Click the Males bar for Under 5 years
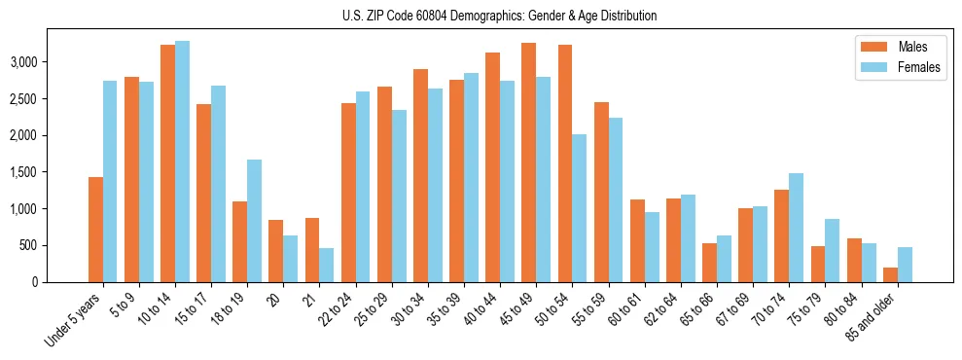[95, 230]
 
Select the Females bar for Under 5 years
[110, 182]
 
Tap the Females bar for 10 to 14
[182, 162]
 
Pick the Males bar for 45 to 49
[528, 162]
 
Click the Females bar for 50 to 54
[579, 208]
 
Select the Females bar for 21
[327, 265]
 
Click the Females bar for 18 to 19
[255, 221]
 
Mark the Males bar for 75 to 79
[781, 264]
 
